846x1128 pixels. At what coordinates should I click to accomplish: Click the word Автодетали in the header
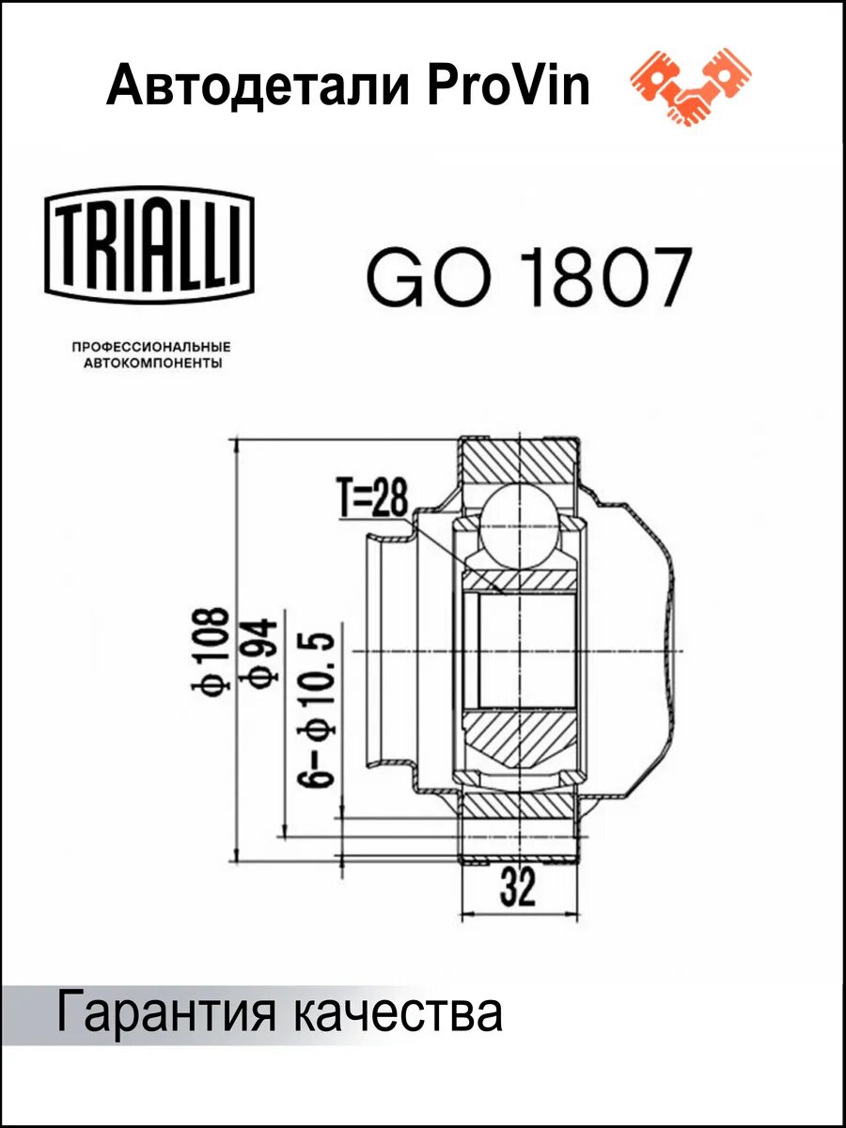tap(258, 86)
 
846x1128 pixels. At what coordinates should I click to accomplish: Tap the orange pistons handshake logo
tap(691, 86)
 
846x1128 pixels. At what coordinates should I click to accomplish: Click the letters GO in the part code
tap(429, 277)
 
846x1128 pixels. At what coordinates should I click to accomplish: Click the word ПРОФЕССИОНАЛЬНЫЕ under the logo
tap(151, 348)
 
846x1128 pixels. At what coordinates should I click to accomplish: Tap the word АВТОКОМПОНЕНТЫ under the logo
tap(153, 364)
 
